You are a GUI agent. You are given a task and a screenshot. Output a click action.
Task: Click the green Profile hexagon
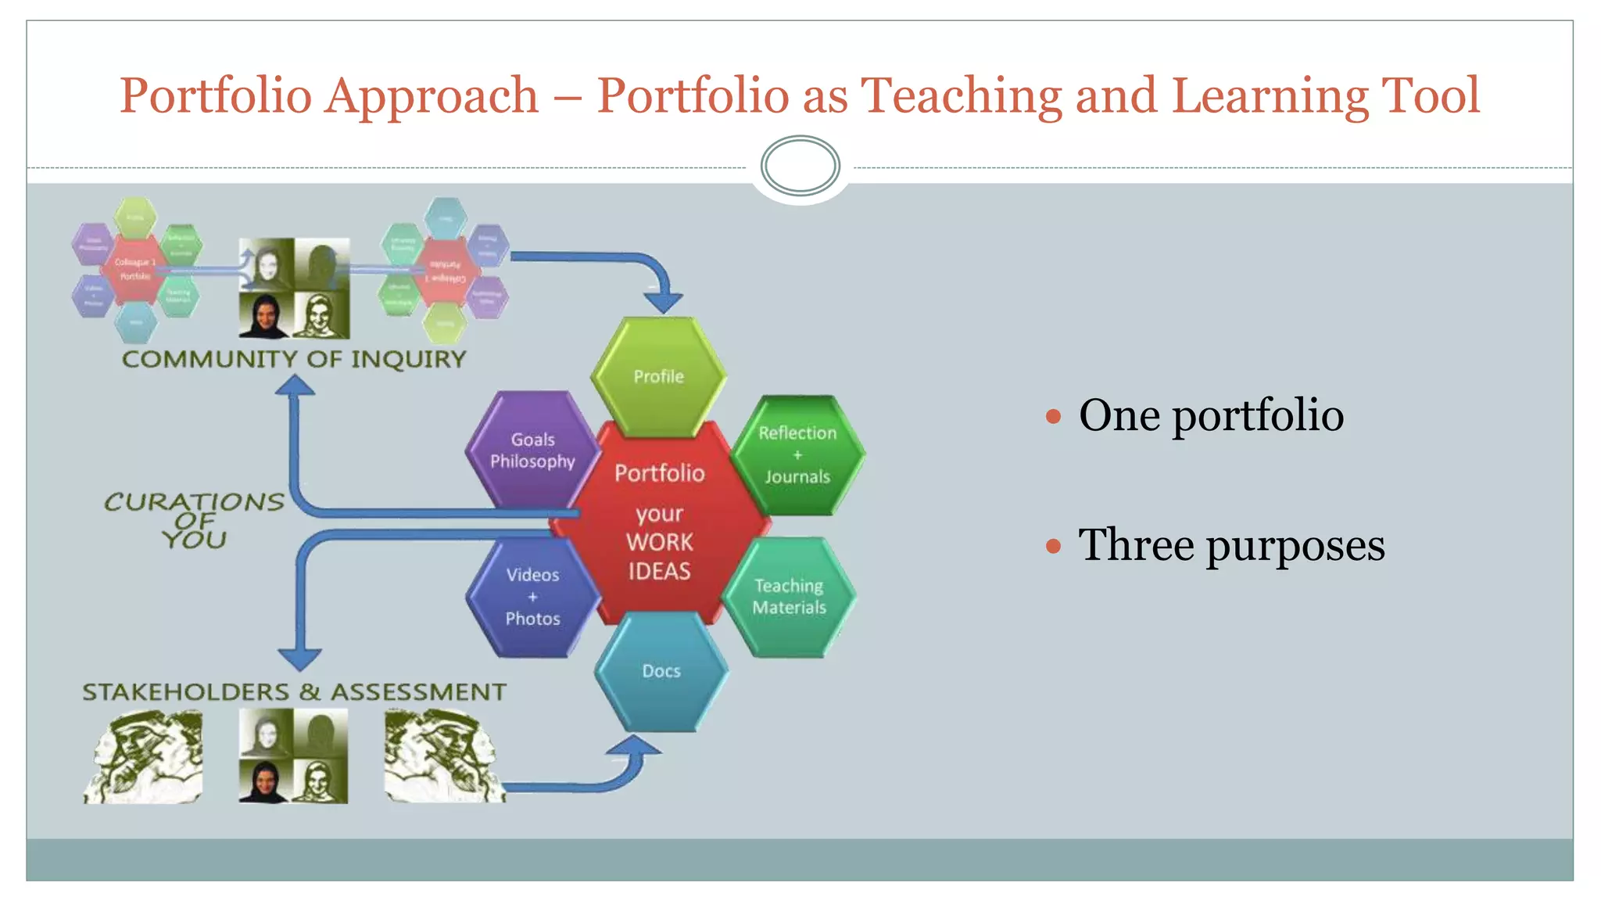coord(658,376)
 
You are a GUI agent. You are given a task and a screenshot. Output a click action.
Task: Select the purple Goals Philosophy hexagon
coord(532,450)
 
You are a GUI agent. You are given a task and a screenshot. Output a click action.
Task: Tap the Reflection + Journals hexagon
coord(797,454)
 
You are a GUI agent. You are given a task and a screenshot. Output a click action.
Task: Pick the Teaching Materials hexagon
coord(789,597)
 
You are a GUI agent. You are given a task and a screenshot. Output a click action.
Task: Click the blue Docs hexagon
coord(661,671)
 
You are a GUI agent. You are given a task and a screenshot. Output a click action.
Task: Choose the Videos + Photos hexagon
coord(532,597)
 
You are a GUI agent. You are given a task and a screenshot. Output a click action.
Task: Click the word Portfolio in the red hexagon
coord(659,473)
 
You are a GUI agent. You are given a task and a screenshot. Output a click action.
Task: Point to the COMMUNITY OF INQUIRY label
coord(294,359)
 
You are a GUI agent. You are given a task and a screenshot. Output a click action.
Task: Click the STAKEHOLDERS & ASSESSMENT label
coord(294,691)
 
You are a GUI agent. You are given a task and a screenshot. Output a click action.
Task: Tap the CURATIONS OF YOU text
coord(194,520)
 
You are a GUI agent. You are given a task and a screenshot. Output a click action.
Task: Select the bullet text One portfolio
coord(1210,415)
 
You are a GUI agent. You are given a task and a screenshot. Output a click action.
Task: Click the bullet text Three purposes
coord(1230,544)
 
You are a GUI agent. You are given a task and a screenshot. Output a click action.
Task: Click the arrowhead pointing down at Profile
coord(664,301)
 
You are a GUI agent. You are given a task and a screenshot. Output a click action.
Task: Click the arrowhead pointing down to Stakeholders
coord(300,659)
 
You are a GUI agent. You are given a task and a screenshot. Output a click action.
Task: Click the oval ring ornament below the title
coord(800,166)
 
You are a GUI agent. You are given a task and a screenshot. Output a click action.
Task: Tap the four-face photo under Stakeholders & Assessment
coord(293,756)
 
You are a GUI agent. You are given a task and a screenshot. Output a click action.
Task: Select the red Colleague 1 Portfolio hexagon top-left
coord(135,268)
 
